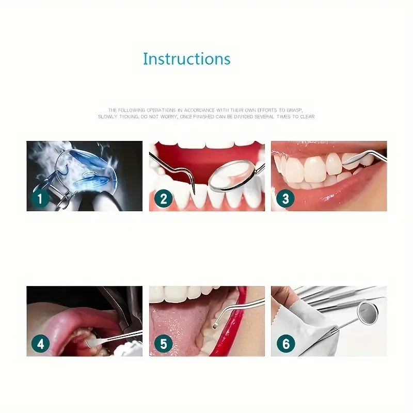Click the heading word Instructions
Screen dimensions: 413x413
pos(186,59)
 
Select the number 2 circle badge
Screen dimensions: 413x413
pos(163,198)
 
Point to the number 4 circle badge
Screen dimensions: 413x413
pos(41,343)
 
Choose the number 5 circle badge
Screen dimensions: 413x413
pos(163,343)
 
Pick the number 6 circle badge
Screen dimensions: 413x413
pos(285,343)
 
